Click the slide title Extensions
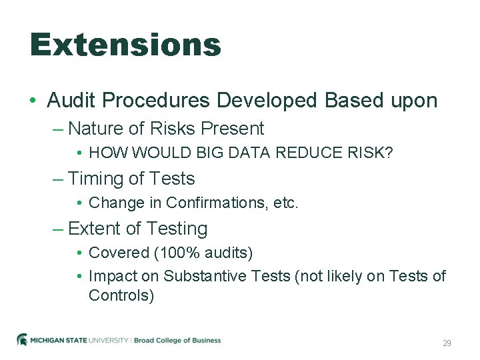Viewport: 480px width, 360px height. coord(125,45)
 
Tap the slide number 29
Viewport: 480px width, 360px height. coord(447,343)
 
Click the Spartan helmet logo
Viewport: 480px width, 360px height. coord(22,340)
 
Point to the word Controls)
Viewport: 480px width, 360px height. coord(121,296)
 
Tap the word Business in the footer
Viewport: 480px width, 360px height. coord(206,341)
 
